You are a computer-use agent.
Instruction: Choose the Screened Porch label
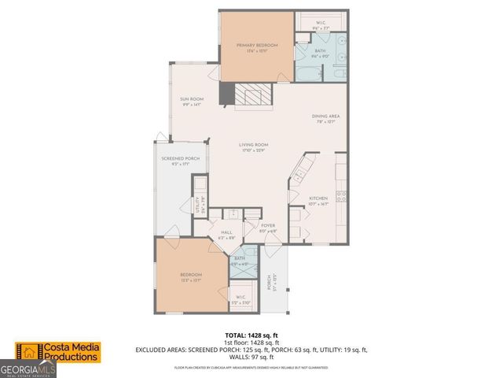coord(175,161)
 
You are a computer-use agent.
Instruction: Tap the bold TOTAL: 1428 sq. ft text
coord(251,334)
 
